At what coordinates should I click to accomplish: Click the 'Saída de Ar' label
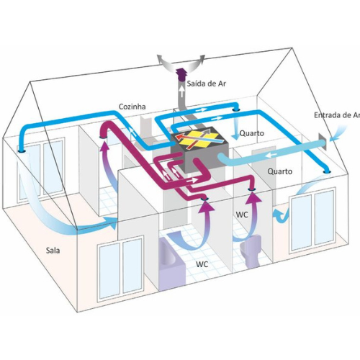[207, 84]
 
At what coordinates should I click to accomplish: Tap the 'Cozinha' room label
[132, 107]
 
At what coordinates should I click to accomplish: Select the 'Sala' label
[53, 251]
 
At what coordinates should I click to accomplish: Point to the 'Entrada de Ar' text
[337, 115]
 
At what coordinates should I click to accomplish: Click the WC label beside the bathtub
[202, 264]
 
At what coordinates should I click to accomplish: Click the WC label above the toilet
[242, 215]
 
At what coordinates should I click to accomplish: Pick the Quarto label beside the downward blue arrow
[252, 133]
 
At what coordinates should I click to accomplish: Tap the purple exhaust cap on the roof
[181, 75]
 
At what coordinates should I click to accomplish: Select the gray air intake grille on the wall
[322, 143]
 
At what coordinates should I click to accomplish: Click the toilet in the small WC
[251, 251]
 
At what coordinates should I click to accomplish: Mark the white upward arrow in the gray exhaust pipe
[182, 91]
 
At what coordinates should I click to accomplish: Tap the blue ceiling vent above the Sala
[22, 151]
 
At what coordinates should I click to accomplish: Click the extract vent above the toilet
[252, 189]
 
